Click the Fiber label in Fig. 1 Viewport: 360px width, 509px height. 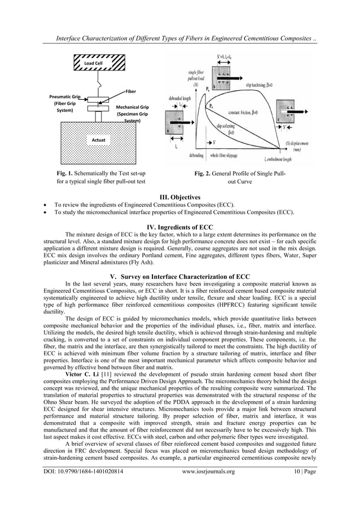pos(130,90)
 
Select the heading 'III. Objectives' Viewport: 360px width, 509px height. pos(179,195)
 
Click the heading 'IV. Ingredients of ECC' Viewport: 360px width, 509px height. pos(179,226)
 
